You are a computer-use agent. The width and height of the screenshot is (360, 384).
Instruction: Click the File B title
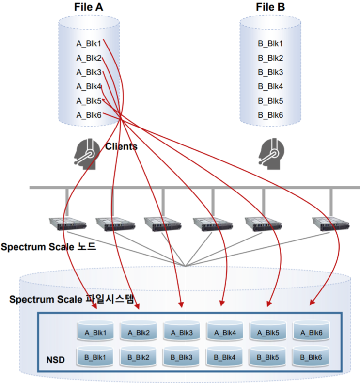tap(270, 7)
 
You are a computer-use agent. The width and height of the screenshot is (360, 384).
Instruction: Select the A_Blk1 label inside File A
tap(89, 44)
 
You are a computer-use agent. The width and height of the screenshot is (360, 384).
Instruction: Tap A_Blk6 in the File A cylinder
tap(89, 115)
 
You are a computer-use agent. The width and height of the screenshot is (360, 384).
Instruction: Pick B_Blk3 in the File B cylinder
tap(270, 72)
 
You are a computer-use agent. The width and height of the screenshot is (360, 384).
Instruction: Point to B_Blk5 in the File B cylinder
tap(270, 101)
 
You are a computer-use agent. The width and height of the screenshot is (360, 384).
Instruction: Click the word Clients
tap(121, 146)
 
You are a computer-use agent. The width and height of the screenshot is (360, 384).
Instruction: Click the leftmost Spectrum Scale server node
tap(68, 224)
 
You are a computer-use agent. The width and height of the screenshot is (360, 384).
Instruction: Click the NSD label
tap(55, 360)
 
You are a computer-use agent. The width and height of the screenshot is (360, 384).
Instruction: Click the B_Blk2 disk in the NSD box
tap(139, 357)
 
